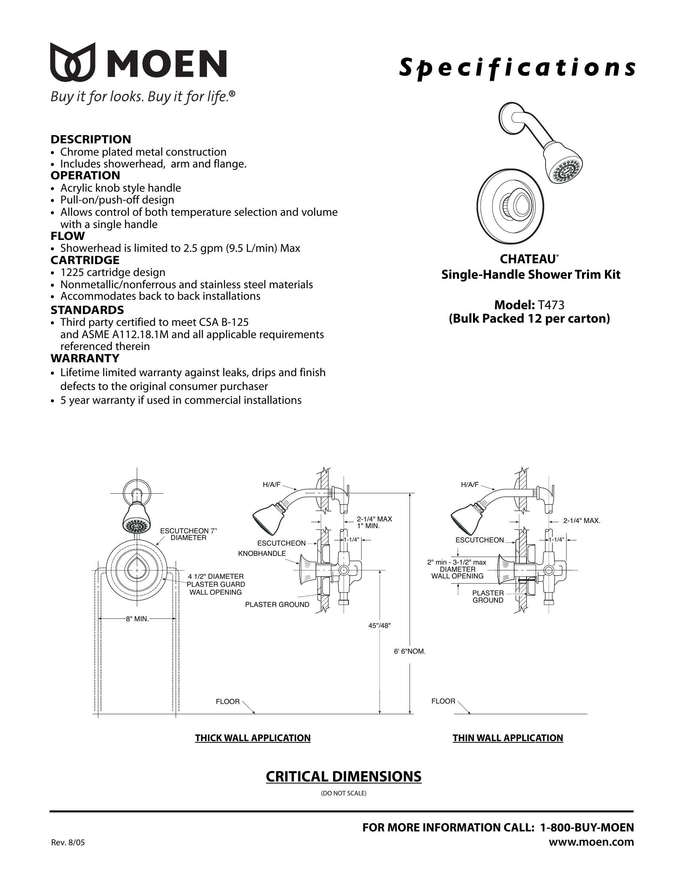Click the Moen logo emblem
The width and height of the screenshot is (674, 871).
coord(73,62)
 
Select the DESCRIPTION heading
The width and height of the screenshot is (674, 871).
coord(91,139)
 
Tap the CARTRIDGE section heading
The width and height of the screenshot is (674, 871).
coord(85,260)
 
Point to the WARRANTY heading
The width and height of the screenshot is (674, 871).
coord(85,358)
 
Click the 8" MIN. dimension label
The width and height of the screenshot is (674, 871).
coord(137,619)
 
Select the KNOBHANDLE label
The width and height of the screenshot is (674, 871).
coord(262,553)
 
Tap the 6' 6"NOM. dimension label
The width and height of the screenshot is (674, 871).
coord(410,651)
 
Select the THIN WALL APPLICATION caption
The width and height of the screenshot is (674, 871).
coord(507,738)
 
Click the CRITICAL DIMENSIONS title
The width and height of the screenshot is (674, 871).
coord(343,776)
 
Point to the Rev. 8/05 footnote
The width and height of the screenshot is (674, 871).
coord(68,842)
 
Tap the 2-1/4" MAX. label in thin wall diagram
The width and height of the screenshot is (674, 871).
coord(582,521)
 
